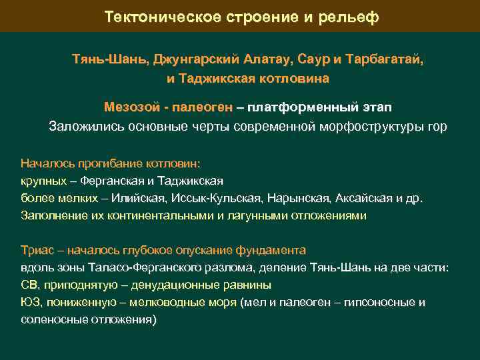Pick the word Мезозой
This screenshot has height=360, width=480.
tap(129, 107)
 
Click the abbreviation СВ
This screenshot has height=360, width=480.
tap(29, 285)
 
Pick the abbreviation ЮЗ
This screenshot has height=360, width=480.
tap(30, 302)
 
